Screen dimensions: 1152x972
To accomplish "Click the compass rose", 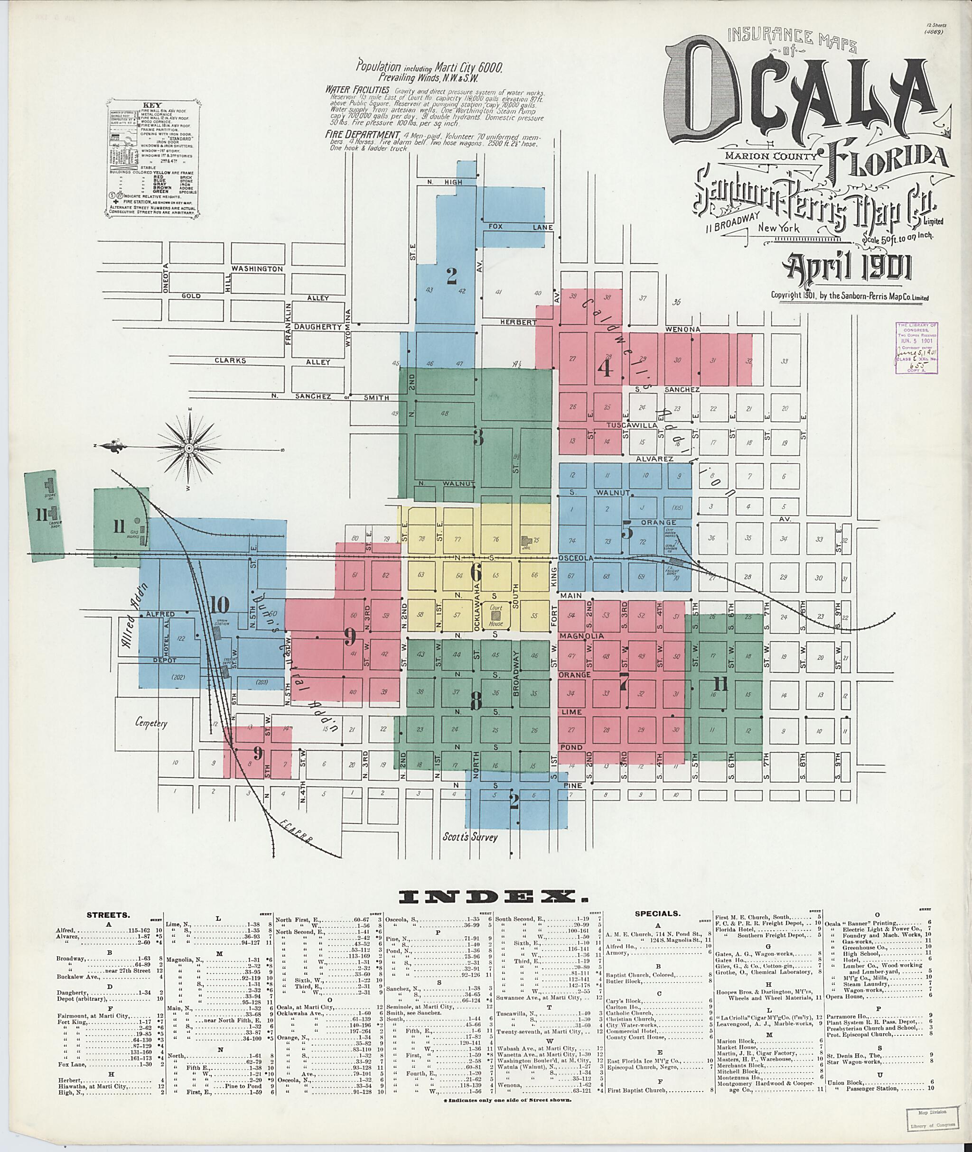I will coord(188,449).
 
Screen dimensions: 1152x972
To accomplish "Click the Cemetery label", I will coord(150,724).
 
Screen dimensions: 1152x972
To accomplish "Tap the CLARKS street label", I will coord(230,361).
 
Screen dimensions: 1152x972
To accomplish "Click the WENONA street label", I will coord(682,329).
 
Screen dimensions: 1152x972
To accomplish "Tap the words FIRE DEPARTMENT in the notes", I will coord(362,134).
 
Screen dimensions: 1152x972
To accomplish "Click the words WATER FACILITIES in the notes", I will coord(357,89).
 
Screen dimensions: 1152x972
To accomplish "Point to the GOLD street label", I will coord(191,296).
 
